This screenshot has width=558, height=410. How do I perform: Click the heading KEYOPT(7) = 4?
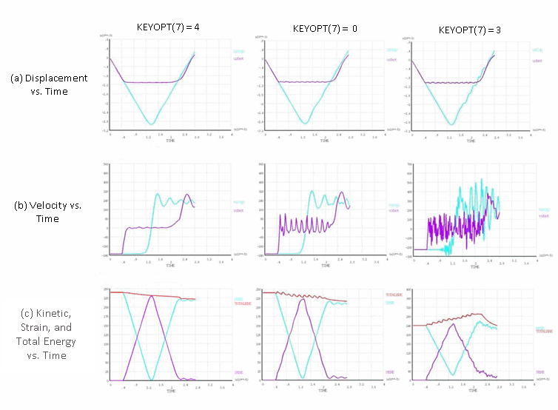click(x=169, y=27)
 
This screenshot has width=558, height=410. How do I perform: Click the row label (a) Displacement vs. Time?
click(x=49, y=84)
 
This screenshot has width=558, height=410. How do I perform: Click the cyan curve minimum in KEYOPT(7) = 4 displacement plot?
click(x=151, y=124)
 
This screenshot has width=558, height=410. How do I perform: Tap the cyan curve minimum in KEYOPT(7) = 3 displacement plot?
click(x=451, y=124)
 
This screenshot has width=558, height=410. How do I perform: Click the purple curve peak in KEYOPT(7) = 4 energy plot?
click(x=152, y=296)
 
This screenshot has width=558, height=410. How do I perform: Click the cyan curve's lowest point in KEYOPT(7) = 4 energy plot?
click(x=152, y=379)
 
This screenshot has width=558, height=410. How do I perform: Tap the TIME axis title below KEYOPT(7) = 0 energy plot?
click(x=323, y=389)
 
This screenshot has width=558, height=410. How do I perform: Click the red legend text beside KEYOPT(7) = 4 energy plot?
click(x=243, y=303)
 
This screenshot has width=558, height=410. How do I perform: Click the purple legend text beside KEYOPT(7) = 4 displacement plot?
click(x=238, y=58)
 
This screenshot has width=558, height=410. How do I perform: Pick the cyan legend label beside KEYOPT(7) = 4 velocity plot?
click(x=239, y=201)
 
